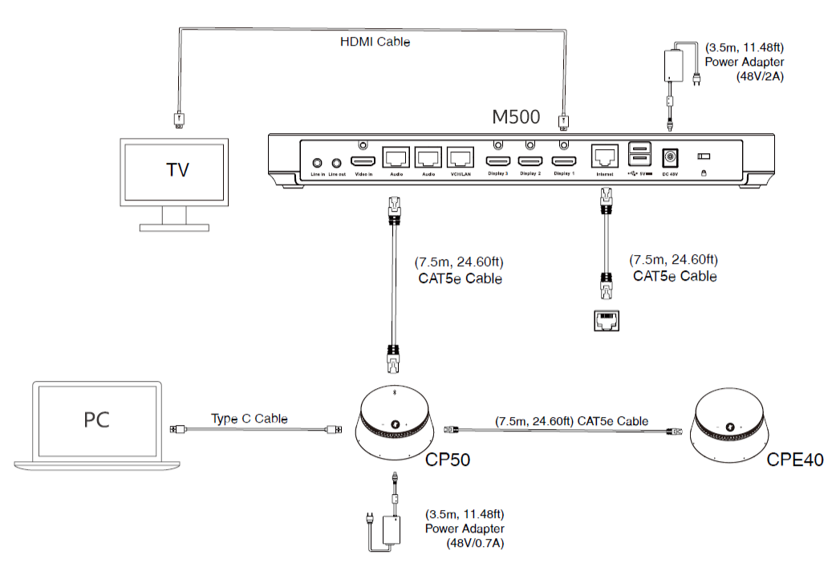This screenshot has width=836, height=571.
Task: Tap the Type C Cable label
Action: click(x=250, y=419)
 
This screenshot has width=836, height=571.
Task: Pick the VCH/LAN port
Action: click(x=460, y=157)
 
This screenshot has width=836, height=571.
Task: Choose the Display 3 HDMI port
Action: click(x=498, y=159)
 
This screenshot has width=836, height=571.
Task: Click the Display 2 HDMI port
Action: click(x=530, y=159)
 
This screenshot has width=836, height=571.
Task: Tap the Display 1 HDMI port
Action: click(x=562, y=159)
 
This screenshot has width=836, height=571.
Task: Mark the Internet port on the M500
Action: click(x=603, y=156)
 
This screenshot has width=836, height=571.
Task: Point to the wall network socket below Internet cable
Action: click(x=604, y=321)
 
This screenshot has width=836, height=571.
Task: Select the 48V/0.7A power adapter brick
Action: click(x=395, y=526)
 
